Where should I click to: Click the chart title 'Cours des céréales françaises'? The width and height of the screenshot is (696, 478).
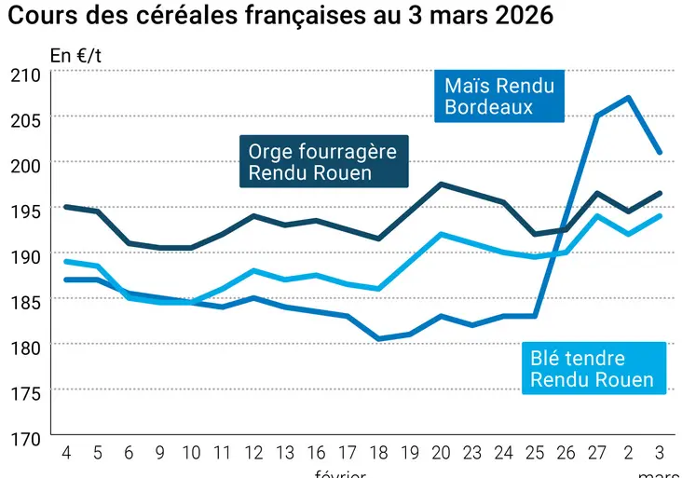pyautogui.click(x=280, y=16)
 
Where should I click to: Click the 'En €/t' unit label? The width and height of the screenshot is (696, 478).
pyautogui.click(x=75, y=55)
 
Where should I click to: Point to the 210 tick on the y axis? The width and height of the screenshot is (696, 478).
pyautogui.click(x=24, y=75)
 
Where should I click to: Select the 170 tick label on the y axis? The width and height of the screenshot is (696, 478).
pyautogui.click(x=24, y=438)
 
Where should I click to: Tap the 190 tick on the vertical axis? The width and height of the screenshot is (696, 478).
pyautogui.click(x=24, y=256)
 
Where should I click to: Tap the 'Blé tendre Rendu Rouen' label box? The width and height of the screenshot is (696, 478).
pyautogui.click(x=592, y=369)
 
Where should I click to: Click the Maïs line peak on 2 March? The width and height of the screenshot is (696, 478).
pyautogui.click(x=630, y=97)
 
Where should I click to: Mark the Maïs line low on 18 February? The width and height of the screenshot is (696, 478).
pyautogui.click(x=378, y=338)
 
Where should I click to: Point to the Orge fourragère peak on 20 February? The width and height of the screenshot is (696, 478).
pyautogui.click(x=441, y=184)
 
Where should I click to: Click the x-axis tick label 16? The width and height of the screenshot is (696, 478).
pyautogui.click(x=316, y=454)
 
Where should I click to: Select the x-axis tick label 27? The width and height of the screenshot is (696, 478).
pyautogui.click(x=597, y=454)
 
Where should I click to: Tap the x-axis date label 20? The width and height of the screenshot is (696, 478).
pyautogui.click(x=441, y=454)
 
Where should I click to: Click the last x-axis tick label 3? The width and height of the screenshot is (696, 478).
pyautogui.click(x=661, y=454)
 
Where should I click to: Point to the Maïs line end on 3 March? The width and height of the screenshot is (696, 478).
pyautogui.click(x=661, y=152)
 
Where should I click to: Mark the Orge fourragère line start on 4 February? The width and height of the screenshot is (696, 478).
pyautogui.click(x=65, y=207)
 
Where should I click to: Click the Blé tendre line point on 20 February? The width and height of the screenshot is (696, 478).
pyautogui.click(x=441, y=234)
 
